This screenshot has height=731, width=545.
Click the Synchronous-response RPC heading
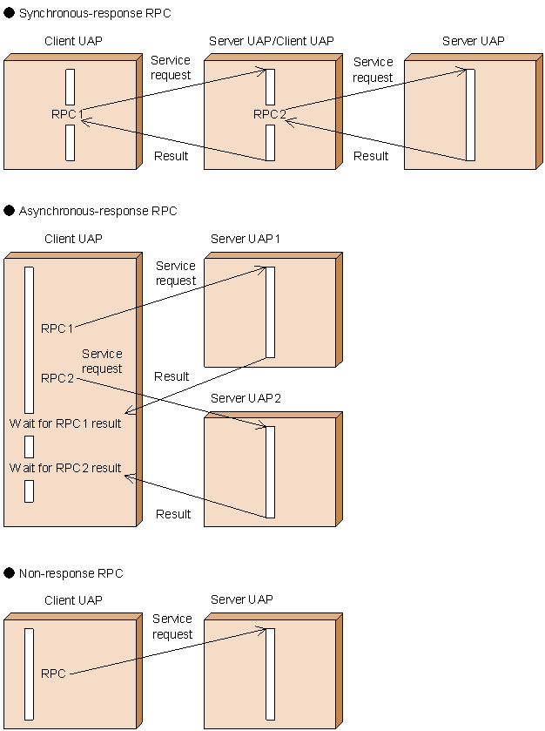(x=94, y=14)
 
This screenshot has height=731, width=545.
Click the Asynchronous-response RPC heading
(x=98, y=211)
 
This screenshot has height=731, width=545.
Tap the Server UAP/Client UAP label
(x=271, y=42)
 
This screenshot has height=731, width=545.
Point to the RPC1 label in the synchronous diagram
(x=67, y=114)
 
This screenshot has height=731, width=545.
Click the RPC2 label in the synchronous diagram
(x=269, y=114)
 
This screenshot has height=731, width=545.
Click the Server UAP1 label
(x=246, y=239)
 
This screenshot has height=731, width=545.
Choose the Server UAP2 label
(x=246, y=398)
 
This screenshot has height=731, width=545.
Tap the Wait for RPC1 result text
(x=65, y=423)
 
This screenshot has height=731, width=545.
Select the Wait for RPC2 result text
(x=65, y=468)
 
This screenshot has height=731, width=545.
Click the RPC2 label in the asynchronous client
(x=57, y=378)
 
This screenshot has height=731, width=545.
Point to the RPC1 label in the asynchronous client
(x=57, y=328)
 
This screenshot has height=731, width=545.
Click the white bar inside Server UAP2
(x=270, y=471)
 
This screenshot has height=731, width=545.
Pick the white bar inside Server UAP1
(x=270, y=312)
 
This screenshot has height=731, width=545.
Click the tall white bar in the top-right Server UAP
(x=470, y=114)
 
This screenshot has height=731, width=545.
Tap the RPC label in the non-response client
(x=53, y=673)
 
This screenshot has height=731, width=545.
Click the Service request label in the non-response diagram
(x=172, y=626)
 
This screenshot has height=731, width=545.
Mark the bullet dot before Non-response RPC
(x=10, y=573)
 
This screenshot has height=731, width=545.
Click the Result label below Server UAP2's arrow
(x=172, y=514)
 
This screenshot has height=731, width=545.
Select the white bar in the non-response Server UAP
(x=270, y=673)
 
